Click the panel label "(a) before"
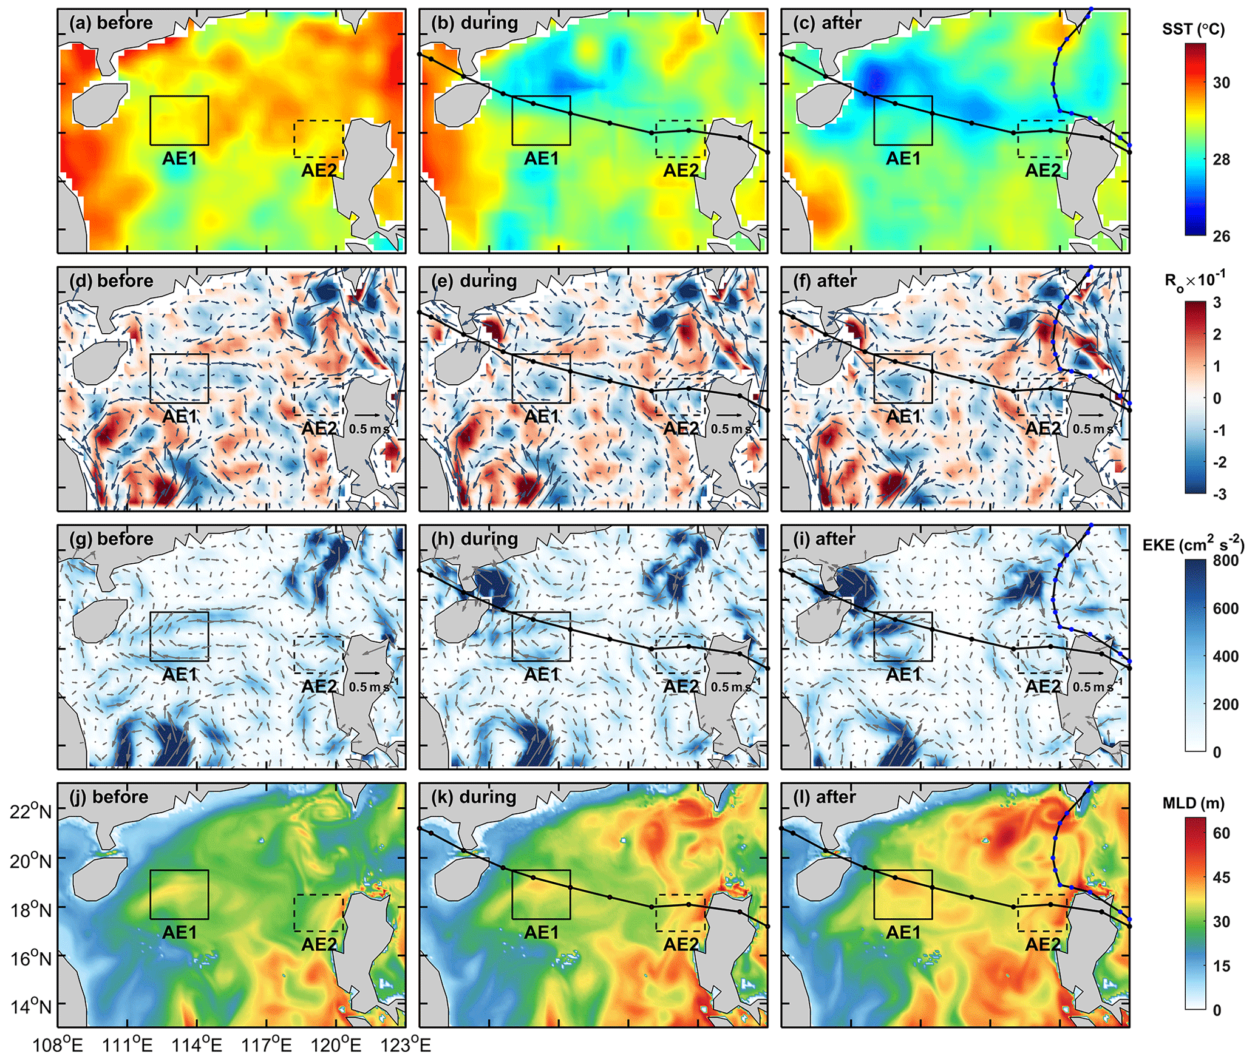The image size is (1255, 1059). pos(111,23)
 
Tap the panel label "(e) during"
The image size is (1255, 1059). pos(474,281)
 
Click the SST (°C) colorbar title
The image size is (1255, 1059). pos(1193,29)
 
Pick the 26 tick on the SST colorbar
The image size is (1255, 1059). pos(1221,236)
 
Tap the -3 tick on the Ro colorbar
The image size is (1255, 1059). pos(1219,494)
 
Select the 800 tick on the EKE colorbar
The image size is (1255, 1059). pos(1225,560)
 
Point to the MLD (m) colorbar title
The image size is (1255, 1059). pos(1193,804)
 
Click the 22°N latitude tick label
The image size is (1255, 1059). pos(30,811)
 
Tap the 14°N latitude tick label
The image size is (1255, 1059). pos(30,1007)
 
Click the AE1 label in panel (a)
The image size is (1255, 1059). pos(180,158)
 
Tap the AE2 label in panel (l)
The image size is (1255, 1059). pos(1042,944)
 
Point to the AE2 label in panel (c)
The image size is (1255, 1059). pos(1042,171)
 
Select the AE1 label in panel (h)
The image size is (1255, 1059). pos(542,674)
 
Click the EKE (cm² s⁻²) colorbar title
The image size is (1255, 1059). pos(1193,544)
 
